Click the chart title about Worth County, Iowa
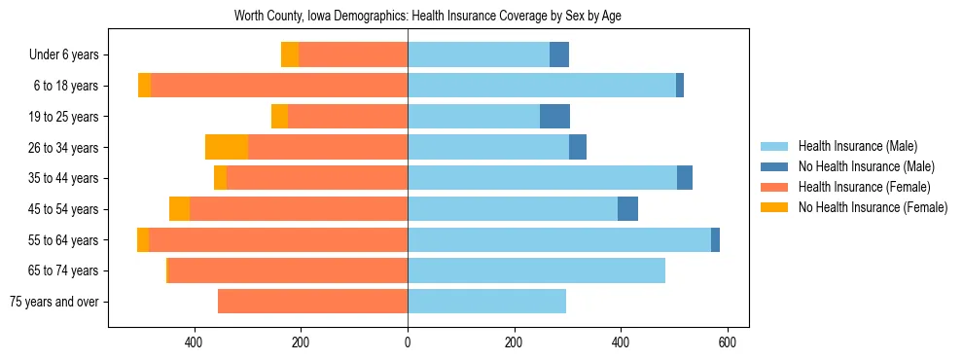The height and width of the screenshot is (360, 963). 427,16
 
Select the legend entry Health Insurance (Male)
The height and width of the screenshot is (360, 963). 857,146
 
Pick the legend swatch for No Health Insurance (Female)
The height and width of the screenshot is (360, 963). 774,207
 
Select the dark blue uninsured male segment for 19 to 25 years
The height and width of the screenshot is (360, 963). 554,117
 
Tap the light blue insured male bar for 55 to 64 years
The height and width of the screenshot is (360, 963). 559,240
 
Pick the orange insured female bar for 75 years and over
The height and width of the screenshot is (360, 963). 312,302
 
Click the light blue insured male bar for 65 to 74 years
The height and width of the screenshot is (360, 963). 536,270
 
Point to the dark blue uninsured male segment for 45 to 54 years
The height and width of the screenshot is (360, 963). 627,209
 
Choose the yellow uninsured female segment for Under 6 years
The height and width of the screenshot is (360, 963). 290,55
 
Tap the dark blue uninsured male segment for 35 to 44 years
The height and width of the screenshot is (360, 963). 685,178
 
